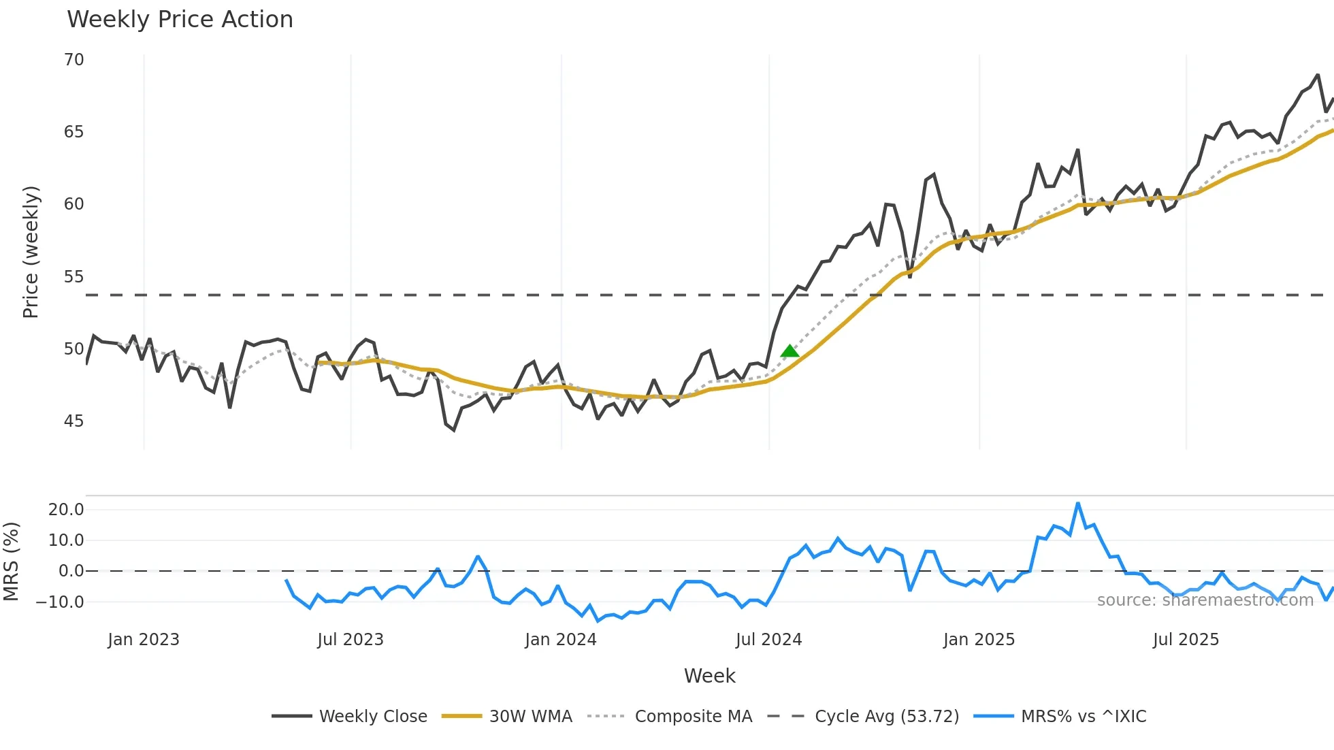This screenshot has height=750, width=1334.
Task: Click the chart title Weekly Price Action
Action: pyautogui.click(x=180, y=20)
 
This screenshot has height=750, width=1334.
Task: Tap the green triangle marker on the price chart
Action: pyautogui.click(x=790, y=351)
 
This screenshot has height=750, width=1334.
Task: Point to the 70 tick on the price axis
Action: pyautogui.click(x=74, y=60)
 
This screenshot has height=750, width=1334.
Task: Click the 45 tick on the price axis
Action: pyautogui.click(x=74, y=421)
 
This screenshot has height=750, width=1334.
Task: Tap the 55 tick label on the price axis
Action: pyautogui.click(x=74, y=277)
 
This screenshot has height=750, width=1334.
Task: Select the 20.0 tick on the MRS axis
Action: pyautogui.click(x=66, y=510)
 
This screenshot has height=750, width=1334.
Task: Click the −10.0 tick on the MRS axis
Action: pyautogui.click(x=60, y=602)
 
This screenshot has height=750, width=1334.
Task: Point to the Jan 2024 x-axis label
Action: pyautogui.click(x=560, y=640)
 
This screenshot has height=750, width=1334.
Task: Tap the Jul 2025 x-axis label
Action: pyautogui.click(x=1186, y=640)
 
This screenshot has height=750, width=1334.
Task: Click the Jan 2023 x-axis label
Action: pyautogui.click(x=144, y=640)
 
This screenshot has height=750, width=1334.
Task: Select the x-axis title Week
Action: pyautogui.click(x=709, y=676)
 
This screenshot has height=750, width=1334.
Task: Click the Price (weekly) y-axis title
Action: pyautogui.click(x=31, y=252)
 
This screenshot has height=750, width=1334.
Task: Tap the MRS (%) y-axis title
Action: pyautogui.click(x=11, y=561)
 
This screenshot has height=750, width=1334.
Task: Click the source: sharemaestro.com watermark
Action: pyautogui.click(x=1205, y=600)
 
